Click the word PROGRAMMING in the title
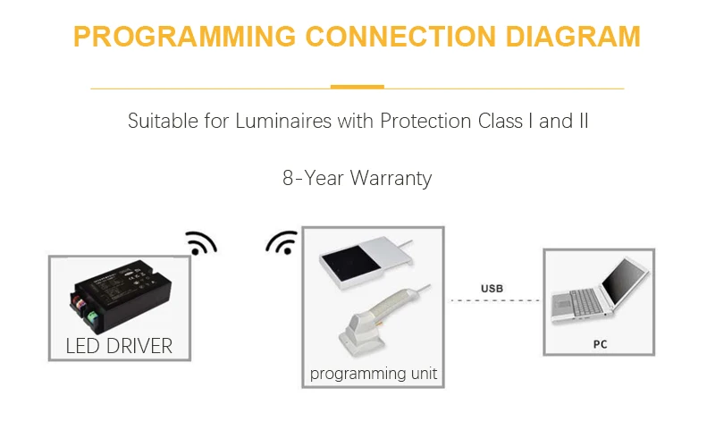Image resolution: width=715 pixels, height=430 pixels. tap(185, 38)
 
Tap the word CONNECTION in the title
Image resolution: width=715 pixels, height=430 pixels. tap(400, 38)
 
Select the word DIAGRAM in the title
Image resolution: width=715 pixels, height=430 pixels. tap(572, 38)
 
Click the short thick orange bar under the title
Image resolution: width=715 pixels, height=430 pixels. tap(357, 87)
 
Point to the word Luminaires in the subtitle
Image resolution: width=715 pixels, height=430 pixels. tap(282, 121)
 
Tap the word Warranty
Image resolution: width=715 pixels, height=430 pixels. tap(391, 178)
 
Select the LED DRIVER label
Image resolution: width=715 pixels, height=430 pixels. tap(119, 346)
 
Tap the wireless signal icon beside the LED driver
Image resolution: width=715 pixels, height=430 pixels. tap(200, 243)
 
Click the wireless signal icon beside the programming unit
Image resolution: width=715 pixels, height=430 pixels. tap(282, 243)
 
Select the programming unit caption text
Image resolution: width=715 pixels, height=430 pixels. tap(374, 374)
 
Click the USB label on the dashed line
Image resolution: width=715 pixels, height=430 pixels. tap(492, 289)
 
